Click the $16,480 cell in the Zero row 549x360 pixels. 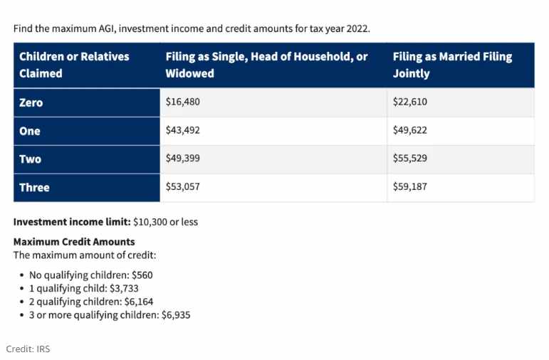point(182,102)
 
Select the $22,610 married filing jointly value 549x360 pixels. point(409,102)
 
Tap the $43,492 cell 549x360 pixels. point(182,130)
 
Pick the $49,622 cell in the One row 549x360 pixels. point(409,130)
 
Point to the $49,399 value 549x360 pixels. point(182,158)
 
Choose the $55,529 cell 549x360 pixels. point(409,158)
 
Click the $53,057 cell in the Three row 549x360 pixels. point(182,186)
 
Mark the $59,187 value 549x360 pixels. point(409,186)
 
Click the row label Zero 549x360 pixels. point(31,102)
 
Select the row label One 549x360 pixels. point(30,131)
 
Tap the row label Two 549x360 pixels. point(30,159)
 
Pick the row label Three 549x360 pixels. point(34,188)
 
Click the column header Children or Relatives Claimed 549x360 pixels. point(74,65)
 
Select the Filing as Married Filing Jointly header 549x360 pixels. point(452,65)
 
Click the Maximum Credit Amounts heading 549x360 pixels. point(74,242)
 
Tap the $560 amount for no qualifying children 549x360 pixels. point(142,275)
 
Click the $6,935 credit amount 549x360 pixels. point(176,315)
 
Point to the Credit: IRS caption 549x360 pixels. point(28,349)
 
